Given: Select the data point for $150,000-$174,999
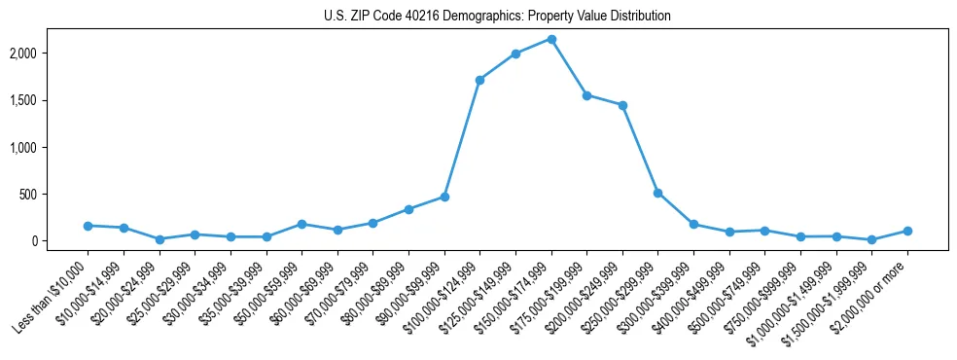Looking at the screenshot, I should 551,39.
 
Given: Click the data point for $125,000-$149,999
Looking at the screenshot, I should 515,54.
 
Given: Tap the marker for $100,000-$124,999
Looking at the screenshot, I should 479,80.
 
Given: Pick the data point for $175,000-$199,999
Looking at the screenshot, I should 586,95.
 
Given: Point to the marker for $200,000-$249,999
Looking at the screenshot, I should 622,105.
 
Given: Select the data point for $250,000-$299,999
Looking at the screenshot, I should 658,193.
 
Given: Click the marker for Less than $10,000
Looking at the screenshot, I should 88,226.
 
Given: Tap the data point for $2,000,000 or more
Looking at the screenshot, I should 907,231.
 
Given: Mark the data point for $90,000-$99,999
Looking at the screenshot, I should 444,197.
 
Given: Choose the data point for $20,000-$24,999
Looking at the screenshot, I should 159,239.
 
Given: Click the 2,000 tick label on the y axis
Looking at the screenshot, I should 51,54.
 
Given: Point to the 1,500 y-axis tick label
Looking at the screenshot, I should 51,100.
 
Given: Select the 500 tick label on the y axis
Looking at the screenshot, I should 56,195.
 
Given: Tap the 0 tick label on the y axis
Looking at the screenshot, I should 62,241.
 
